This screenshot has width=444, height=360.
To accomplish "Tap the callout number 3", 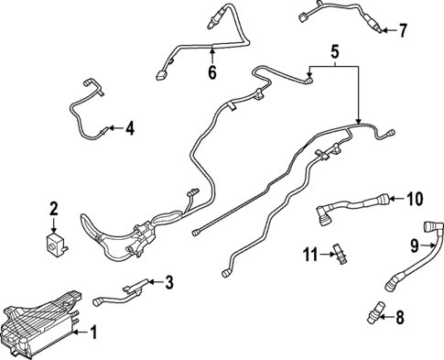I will click(x=168, y=282).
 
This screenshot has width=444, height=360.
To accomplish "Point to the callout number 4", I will click(x=129, y=129).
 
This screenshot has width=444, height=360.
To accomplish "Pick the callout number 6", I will click(x=211, y=72).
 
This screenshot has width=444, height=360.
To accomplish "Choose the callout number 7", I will click(x=402, y=31).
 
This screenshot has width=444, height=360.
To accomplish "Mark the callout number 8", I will click(x=399, y=318).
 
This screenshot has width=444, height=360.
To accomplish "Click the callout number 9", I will click(x=415, y=245).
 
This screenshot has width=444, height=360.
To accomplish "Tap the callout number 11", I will click(x=311, y=252).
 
